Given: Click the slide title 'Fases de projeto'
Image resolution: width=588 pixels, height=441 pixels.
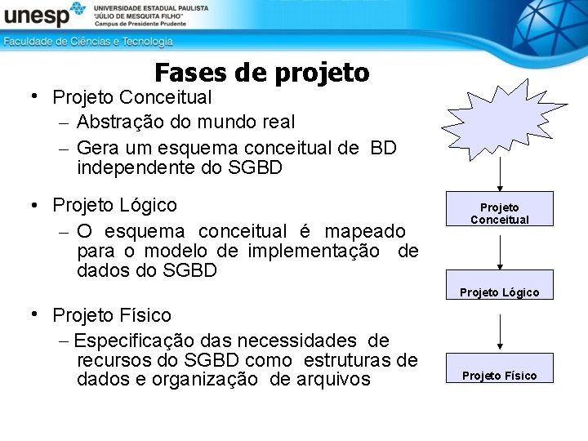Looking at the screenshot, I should tap(261, 73).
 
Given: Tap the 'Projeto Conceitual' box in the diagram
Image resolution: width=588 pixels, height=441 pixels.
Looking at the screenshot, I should tap(499, 213).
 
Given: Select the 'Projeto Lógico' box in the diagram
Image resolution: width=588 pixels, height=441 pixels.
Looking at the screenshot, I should tap(499, 292).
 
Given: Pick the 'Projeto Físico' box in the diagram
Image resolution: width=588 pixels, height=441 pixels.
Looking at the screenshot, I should tap(499, 375).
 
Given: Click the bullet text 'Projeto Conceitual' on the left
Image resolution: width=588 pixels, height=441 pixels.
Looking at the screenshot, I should tap(131, 97).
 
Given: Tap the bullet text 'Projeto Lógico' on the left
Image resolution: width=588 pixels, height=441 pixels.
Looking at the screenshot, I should tap(114, 204).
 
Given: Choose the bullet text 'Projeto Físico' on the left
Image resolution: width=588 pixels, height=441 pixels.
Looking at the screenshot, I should tap(112, 315).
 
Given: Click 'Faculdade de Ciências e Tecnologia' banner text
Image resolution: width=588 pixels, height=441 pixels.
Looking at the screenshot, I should tap(88, 41).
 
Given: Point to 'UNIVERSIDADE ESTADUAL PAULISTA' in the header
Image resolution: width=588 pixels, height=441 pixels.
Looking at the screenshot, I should tap(152, 7).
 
